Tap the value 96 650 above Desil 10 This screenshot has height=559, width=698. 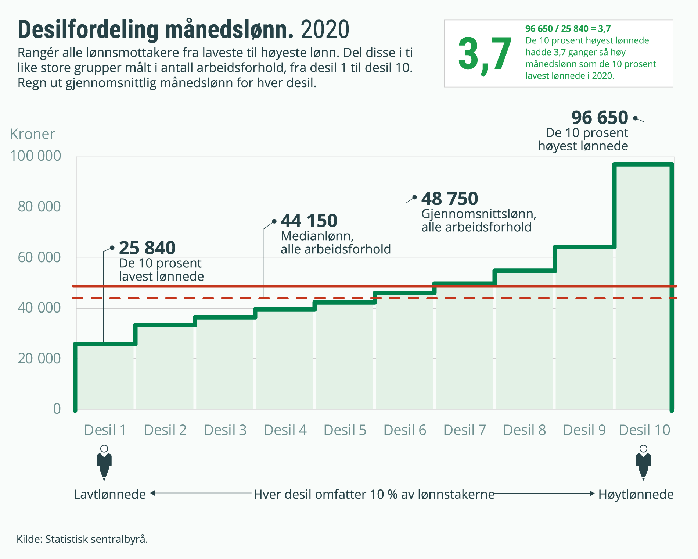click(600, 118)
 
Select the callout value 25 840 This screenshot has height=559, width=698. click(147, 248)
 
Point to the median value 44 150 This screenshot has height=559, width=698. click(309, 221)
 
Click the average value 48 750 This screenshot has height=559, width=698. click(449, 199)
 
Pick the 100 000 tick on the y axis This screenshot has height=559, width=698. click(35, 156)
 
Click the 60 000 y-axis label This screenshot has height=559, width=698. click(39, 257)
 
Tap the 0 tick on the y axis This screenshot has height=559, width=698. click(57, 409)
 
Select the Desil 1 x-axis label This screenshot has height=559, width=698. click(105, 430)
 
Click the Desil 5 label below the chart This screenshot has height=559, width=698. click(345, 430)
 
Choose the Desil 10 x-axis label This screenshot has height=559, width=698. click(644, 430)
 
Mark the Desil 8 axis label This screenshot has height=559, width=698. click(524, 430)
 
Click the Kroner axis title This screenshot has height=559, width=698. click(32, 134)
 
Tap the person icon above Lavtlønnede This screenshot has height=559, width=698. click(104, 463)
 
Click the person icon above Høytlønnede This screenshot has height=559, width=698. click(643, 463)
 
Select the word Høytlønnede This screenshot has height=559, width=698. click(636, 494)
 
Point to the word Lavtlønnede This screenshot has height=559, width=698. click(110, 494)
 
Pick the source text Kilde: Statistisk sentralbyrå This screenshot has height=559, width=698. click(82, 539)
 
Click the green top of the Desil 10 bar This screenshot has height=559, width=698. click(643, 165)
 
